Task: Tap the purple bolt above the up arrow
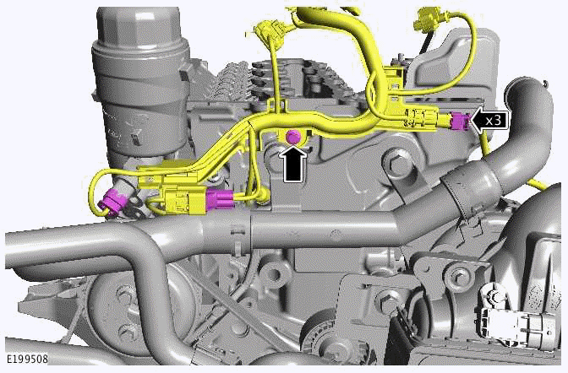tap(293, 136)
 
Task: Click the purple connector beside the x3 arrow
tap(459, 122)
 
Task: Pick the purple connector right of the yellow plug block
tap(221, 200)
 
